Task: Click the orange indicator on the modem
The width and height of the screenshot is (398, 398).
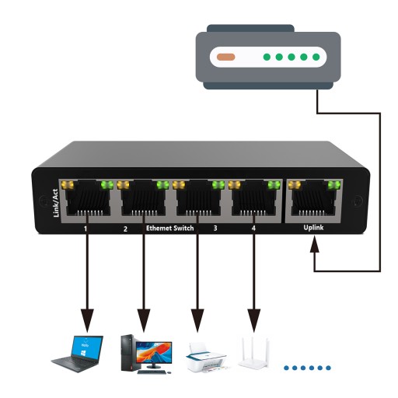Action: click(226, 57)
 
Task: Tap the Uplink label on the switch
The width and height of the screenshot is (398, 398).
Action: click(313, 228)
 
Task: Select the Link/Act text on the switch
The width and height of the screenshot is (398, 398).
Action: click(56, 203)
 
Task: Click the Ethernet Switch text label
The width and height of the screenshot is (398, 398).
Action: click(170, 229)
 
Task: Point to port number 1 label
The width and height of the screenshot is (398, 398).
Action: click(86, 229)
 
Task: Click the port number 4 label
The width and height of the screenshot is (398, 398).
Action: click(253, 228)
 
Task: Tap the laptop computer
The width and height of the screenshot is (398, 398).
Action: click(77, 354)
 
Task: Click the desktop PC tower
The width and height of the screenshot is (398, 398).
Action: click(128, 353)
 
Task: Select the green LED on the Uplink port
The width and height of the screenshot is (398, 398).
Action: click(334, 185)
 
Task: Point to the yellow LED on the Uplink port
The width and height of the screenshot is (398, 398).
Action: click(295, 185)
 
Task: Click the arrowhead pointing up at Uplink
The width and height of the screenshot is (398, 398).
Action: click(315, 244)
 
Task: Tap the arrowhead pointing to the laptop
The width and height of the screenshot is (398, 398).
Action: click(87, 320)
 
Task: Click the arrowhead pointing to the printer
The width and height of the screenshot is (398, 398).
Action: click(197, 320)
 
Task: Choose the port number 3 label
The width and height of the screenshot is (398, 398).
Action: click(215, 229)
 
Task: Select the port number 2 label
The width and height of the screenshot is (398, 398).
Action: click(125, 229)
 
